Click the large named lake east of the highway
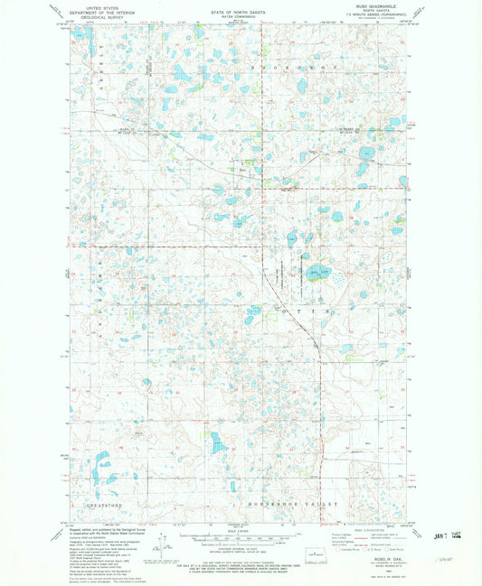318,272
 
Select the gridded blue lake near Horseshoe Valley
217,442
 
